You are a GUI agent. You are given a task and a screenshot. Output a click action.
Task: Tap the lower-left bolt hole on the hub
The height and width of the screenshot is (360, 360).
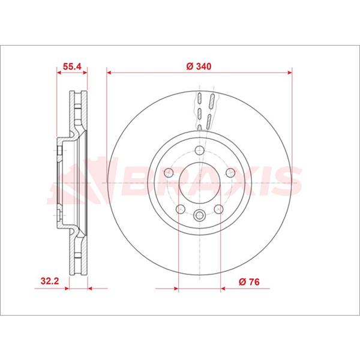tap(179, 209)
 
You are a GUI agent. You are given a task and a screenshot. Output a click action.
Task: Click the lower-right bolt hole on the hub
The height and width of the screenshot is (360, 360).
tap(220, 209)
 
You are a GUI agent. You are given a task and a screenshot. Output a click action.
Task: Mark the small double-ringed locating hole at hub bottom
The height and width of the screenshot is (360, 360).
tap(200, 215)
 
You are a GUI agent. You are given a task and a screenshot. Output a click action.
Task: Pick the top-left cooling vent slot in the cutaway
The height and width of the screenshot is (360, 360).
tap(199, 100)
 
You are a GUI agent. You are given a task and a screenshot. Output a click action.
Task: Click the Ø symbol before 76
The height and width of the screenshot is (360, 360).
tap(241, 280)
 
